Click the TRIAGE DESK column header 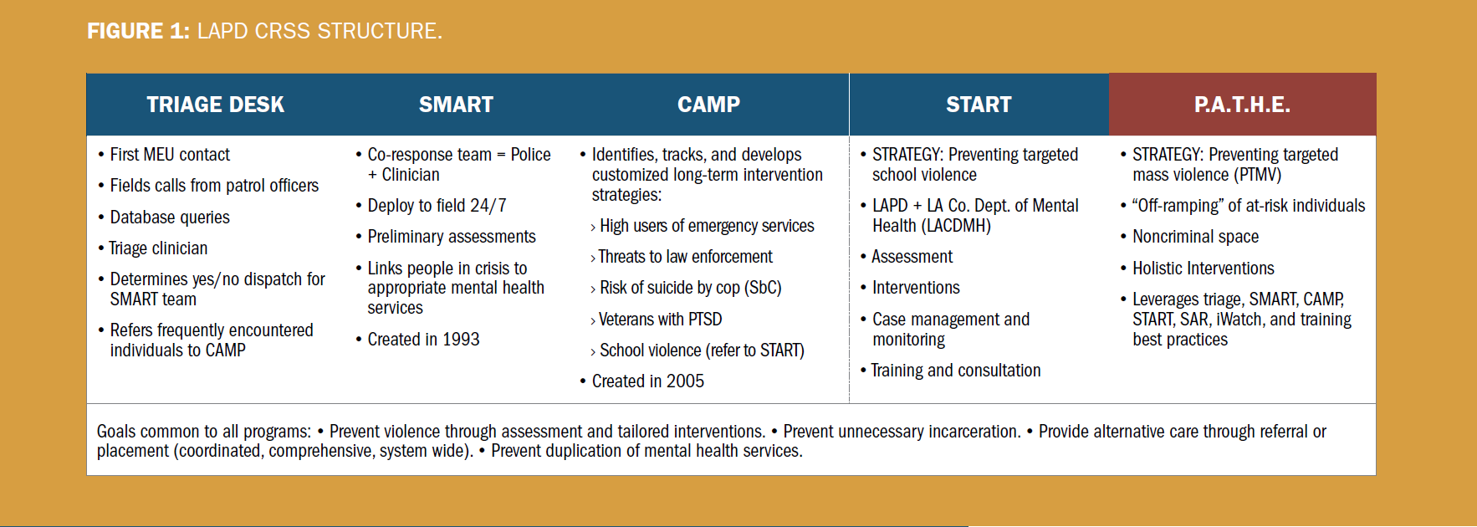point(215,105)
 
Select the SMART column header point(456,105)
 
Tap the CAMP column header point(708,105)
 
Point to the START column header point(979,105)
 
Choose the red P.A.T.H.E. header point(1242,105)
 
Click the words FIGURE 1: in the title point(138,31)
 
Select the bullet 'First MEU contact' point(170,155)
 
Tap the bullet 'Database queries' point(170,217)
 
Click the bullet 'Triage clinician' point(158,248)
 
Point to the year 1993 point(461,340)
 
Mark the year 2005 point(685,381)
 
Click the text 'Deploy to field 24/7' point(437,206)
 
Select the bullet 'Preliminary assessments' point(452,237)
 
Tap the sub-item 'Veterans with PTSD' point(660,320)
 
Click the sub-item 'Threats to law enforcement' point(685,257)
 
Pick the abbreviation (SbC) point(763,288)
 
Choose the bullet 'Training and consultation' point(956,371)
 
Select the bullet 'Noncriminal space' point(1195,237)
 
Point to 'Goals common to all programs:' point(204,432)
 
